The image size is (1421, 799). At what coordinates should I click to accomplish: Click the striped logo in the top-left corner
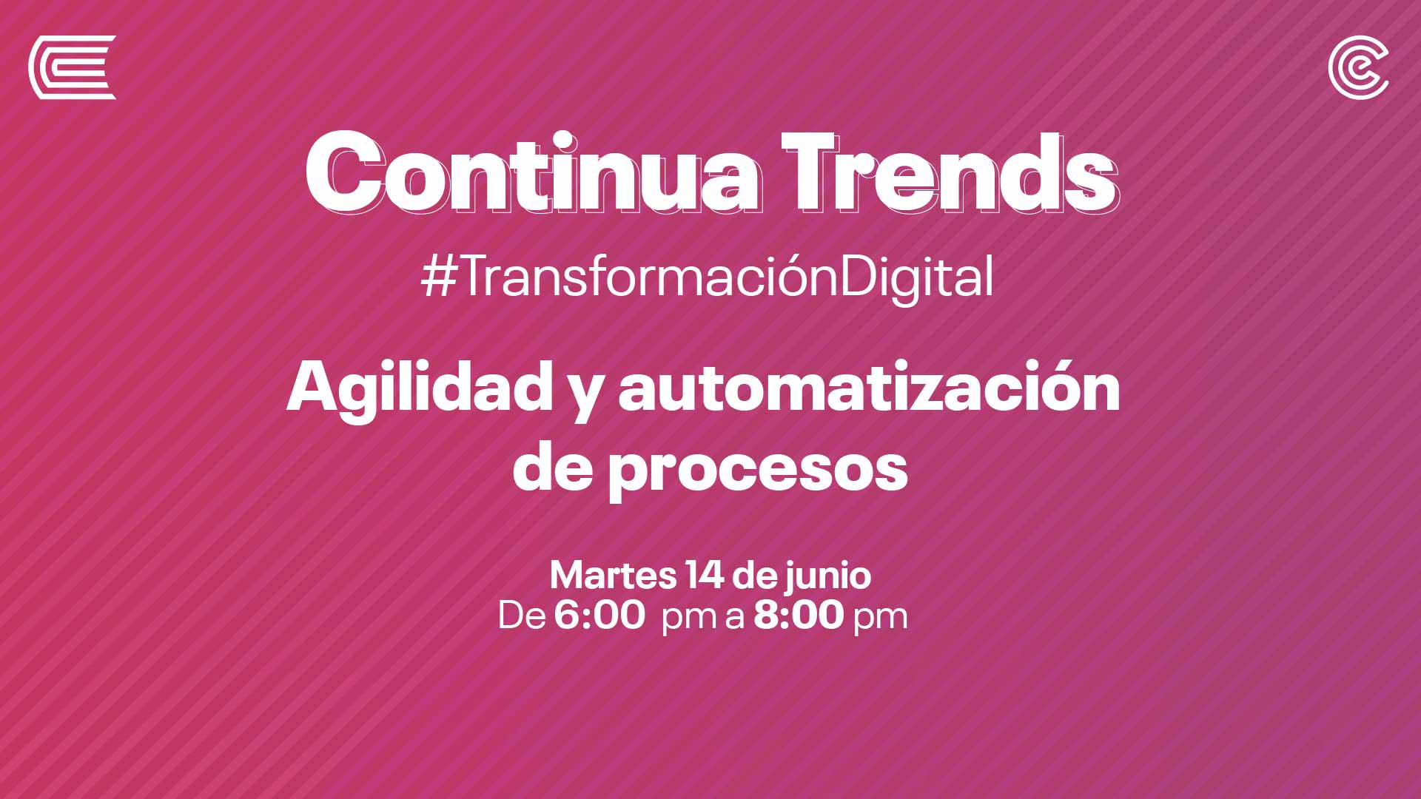point(72,67)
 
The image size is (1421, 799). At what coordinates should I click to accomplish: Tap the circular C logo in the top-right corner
point(1357,67)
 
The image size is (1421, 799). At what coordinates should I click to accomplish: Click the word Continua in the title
point(534,173)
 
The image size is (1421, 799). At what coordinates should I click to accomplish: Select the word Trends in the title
point(950,173)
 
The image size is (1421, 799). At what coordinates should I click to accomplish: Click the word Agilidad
point(420,389)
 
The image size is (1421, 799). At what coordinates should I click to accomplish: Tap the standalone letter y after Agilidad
point(586,397)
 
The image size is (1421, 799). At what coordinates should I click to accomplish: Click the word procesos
point(758,471)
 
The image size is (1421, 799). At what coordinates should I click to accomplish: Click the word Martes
point(613,576)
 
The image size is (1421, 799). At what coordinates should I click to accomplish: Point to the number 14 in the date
point(705,576)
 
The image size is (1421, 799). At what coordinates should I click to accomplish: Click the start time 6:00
point(599,616)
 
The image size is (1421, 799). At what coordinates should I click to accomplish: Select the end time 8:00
point(799,616)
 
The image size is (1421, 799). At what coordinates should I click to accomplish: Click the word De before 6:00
point(522,616)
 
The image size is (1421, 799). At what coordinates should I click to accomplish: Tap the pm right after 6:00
point(689,619)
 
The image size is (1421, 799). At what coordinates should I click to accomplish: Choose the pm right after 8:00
point(880,619)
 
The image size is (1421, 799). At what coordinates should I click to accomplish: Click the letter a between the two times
point(734,619)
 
